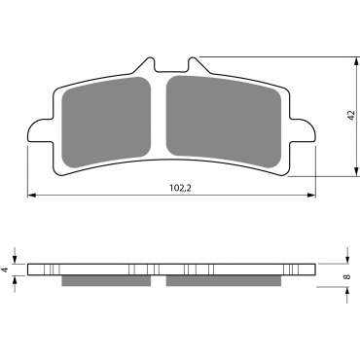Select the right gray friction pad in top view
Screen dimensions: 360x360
pos(225,121)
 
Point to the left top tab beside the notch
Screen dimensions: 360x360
pos(142,65)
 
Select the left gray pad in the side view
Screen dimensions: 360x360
pos(106,282)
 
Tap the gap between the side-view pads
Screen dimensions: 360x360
pos(160,282)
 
